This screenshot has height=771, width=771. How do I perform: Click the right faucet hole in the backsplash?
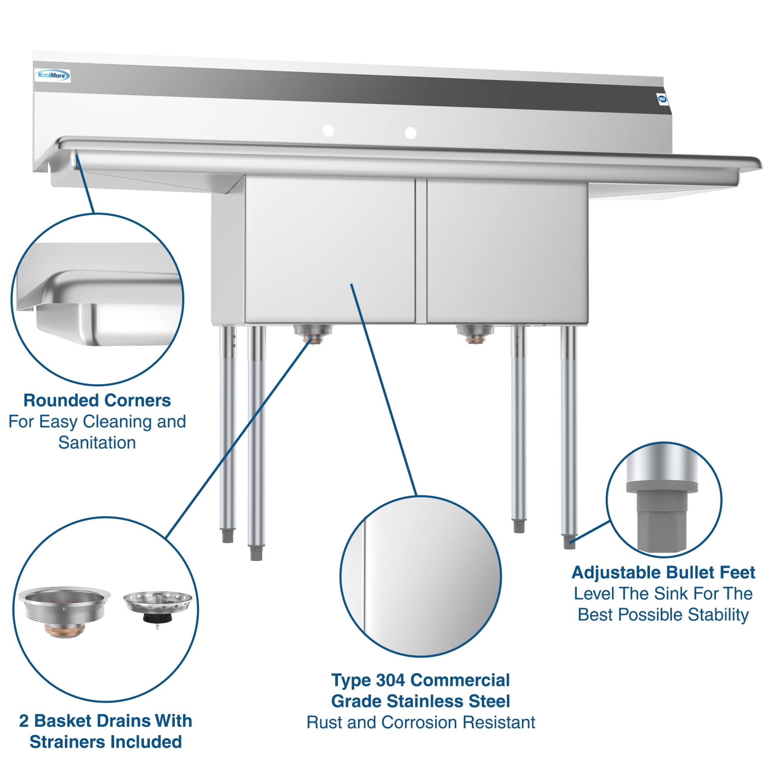(x=410, y=133)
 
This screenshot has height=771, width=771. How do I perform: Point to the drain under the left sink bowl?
(x=313, y=333)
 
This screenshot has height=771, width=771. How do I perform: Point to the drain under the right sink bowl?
(x=475, y=333)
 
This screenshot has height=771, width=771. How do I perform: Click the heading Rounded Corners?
(x=97, y=400)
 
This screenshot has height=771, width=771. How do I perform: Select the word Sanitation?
(x=97, y=443)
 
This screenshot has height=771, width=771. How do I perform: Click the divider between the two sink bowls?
(x=421, y=251)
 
